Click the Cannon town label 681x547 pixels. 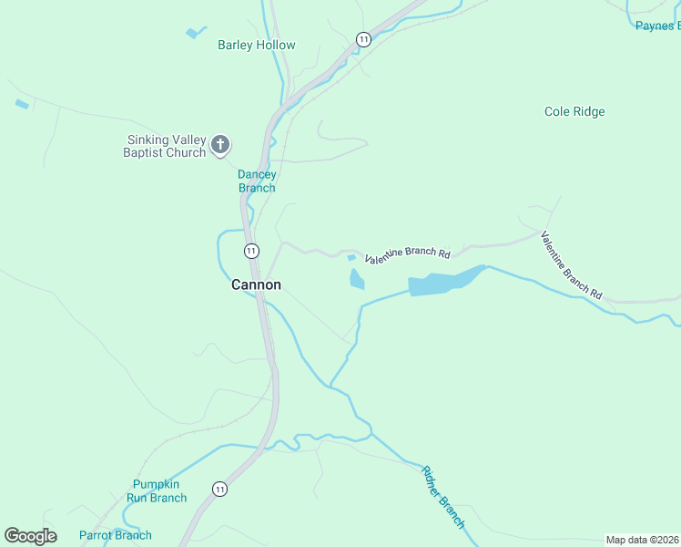(256, 285)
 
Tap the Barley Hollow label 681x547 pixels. (256, 46)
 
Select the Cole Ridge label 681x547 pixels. (574, 112)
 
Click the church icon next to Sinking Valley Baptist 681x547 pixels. (219, 145)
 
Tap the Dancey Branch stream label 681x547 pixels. (257, 181)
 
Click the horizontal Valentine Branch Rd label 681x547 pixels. (408, 256)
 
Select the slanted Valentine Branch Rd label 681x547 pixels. (572, 265)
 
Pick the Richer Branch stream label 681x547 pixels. (443, 498)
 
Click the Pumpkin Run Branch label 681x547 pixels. (159, 491)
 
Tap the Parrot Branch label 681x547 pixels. (116, 535)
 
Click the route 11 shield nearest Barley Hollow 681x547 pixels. (363, 39)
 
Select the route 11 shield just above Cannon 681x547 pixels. (251, 251)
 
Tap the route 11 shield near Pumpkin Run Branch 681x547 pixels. (219, 489)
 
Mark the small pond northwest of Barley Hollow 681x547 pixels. (194, 33)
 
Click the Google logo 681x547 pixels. (30, 536)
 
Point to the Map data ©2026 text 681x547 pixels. (642, 540)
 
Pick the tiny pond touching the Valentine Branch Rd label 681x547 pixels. (351, 258)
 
